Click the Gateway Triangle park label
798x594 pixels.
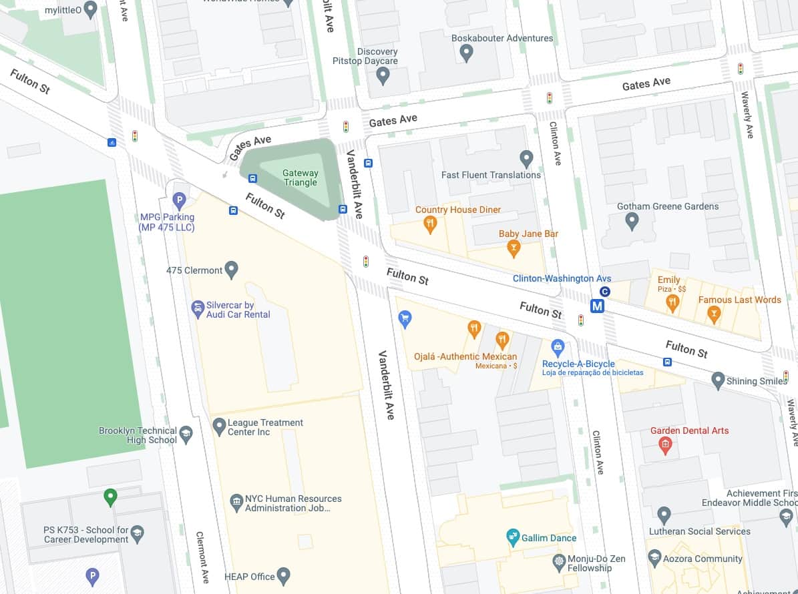point(301,178)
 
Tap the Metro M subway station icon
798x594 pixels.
point(598,306)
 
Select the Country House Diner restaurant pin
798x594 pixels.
point(431,224)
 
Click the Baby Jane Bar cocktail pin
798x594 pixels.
point(514,248)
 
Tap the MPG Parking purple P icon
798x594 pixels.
point(179,200)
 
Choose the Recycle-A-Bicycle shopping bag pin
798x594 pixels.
point(558,348)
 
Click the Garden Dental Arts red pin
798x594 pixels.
point(664,445)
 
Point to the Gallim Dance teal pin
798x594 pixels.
point(513,537)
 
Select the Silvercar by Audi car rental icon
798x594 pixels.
point(198,309)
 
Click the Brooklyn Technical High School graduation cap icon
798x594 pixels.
point(186,435)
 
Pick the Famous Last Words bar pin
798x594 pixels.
point(714,314)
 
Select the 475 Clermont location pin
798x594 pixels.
point(232,270)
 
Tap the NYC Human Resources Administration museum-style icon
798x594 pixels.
point(236,502)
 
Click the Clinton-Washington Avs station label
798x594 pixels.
point(562,278)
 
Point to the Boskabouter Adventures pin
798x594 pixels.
point(467,53)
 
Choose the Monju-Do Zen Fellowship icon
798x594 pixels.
point(560,563)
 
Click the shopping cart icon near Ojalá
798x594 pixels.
point(404,318)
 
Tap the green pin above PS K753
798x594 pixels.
point(111,497)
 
